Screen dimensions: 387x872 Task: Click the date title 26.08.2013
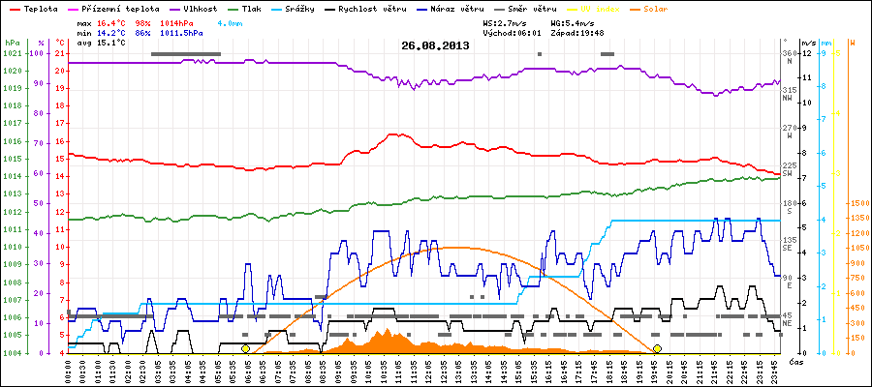point(435,45)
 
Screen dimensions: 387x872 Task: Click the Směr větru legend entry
point(533,8)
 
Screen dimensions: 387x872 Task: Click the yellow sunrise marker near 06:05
point(245,348)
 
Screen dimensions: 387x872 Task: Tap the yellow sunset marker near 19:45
point(657,348)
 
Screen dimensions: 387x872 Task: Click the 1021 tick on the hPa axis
point(12,53)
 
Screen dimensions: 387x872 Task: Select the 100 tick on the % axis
point(39,53)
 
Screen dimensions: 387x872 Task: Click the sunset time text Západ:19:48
point(577,32)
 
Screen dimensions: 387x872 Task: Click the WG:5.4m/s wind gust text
point(572,20)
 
